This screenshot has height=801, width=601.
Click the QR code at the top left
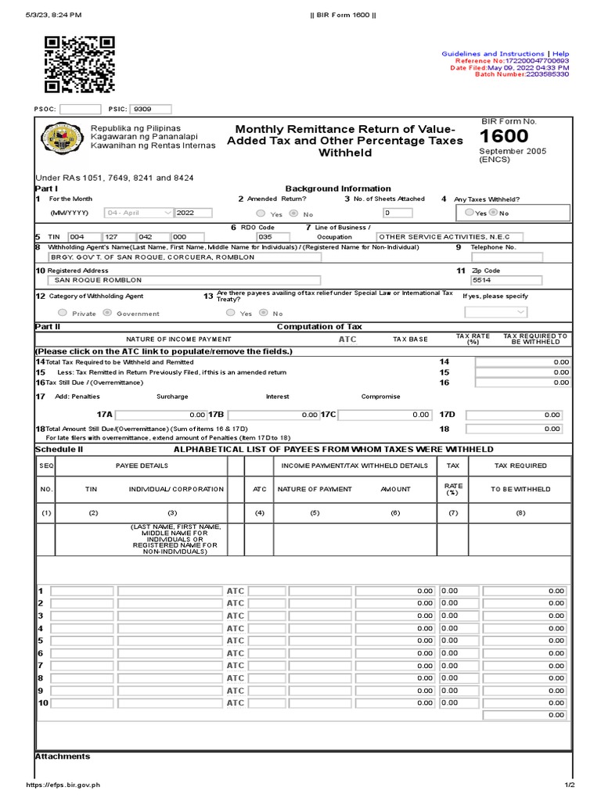point(80,65)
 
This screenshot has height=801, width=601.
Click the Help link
point(560,54)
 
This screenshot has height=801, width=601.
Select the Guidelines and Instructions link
point(492,54)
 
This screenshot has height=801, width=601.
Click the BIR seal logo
point(59,139)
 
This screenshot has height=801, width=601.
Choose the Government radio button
point(107,313)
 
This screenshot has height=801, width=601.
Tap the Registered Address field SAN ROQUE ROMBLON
point(183,279)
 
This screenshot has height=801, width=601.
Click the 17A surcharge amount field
point(160,415)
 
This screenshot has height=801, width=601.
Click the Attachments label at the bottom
point(63,756)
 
